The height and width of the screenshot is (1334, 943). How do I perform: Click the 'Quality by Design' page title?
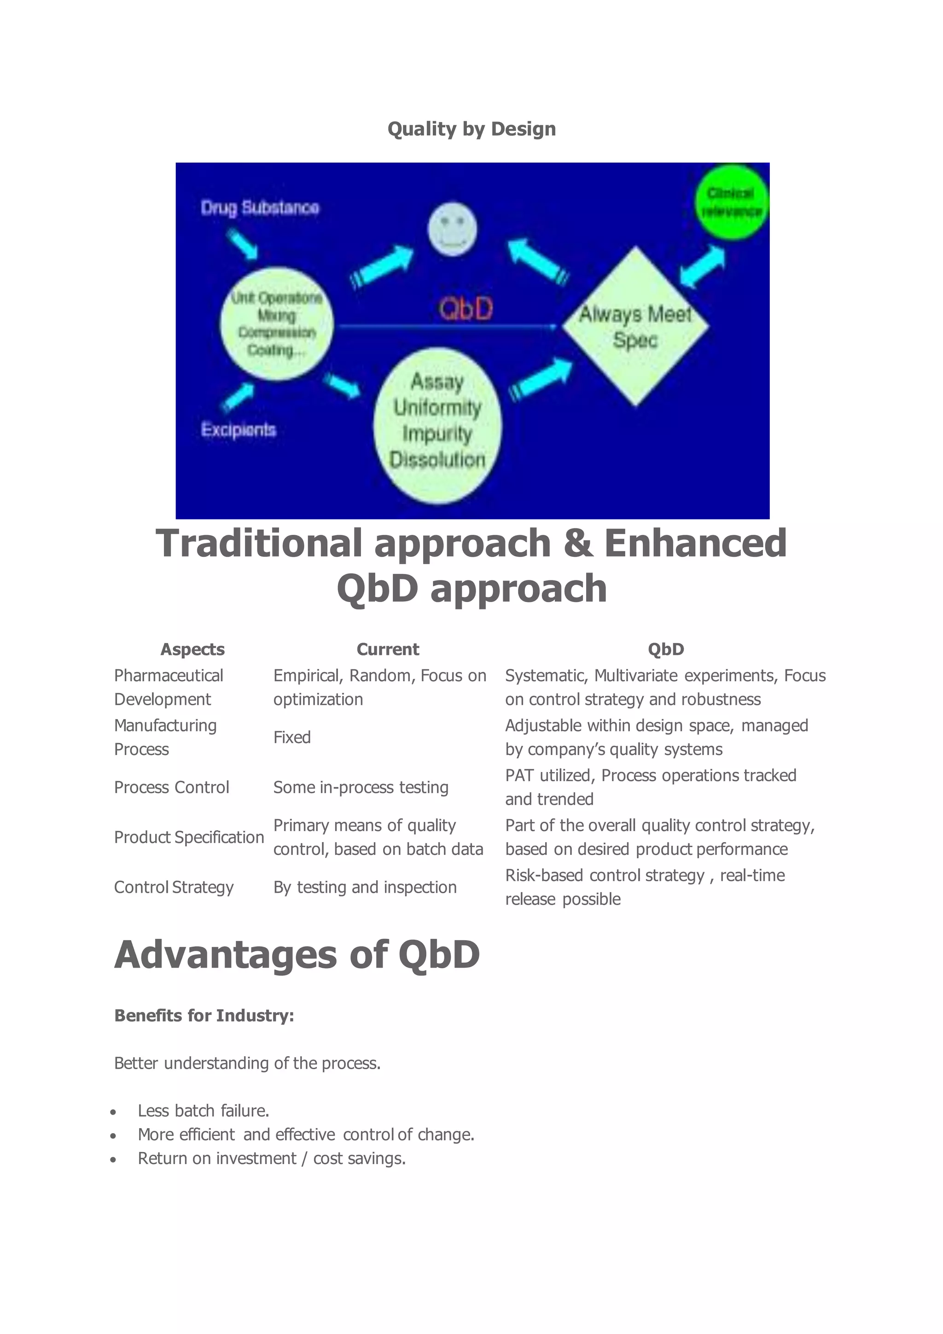(x=471, y=129)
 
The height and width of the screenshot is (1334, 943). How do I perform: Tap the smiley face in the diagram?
(x=452, y=229)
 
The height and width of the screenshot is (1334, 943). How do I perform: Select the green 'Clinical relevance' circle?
(x=731, y=202)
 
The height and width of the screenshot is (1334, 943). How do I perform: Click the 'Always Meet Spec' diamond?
(x=635, y=327)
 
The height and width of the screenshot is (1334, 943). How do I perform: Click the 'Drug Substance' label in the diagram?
(x=260, y=208)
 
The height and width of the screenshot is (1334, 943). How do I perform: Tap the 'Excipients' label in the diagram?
(x=238, y=430)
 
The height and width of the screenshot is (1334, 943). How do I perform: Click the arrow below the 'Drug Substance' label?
(x=242, y=244)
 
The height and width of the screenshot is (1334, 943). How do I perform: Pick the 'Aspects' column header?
(x=192, y=649)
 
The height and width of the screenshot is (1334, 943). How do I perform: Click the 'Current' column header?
(x=387, y=649)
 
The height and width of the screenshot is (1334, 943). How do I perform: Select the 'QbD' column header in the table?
(x=665, y=649)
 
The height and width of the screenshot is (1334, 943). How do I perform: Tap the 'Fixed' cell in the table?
(x=292, y=737)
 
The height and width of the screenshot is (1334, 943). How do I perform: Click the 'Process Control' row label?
(x=171, y=787)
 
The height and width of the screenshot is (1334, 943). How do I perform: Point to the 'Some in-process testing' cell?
(x=361, y=787)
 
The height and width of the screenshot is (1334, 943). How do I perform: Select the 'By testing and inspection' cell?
(x=365, y=887)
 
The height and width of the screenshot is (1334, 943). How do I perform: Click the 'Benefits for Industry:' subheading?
(x=204, y=1016)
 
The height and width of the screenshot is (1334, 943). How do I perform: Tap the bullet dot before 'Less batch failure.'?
(x=113, y=1112)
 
